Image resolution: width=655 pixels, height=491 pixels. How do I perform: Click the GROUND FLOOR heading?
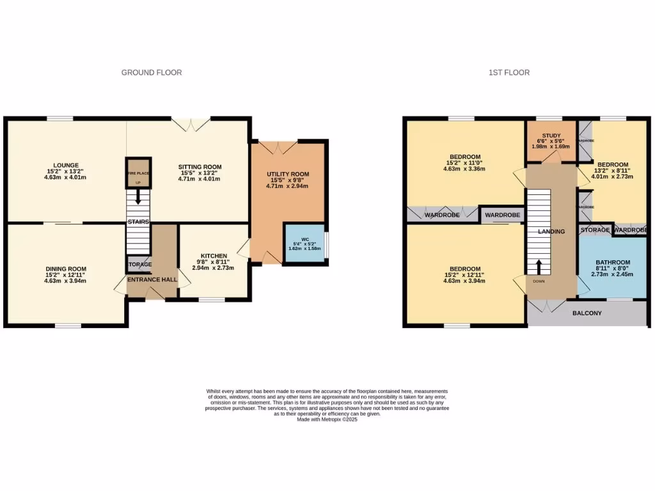click(152, 73)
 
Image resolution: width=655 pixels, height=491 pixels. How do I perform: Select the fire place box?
click(138, 173)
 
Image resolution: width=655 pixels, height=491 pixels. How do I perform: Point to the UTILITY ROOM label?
click(288, 174)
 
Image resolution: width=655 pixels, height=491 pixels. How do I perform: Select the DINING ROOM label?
click(65, 269)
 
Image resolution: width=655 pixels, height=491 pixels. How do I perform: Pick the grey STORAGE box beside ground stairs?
click(138, 264)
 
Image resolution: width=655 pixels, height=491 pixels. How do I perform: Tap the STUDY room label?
click(551, 136)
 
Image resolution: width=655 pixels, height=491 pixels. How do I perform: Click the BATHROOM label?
click(613, 262)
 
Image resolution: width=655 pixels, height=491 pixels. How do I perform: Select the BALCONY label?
click(587, 313)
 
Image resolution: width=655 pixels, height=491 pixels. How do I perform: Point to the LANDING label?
click(551, 231)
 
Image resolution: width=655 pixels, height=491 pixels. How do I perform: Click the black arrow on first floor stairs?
click(539, 266)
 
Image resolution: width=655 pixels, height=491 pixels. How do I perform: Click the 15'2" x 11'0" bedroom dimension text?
click(464, 164)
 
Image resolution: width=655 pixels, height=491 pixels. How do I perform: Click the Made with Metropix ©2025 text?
click(327, 419)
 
